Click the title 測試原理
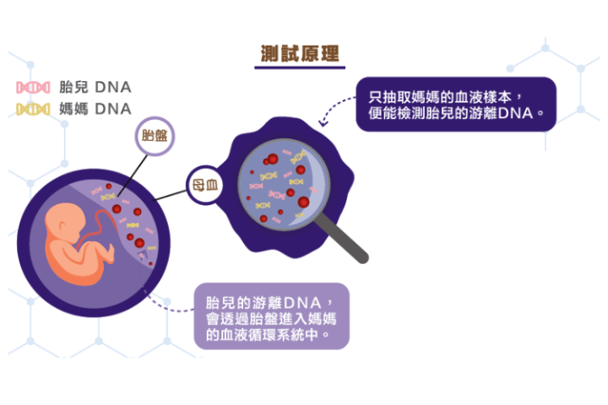pos(300,53)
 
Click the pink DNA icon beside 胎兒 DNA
pos(33,87)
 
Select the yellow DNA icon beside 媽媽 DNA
pos(33,110)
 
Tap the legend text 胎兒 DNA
pos(95,87)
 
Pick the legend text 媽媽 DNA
pos(95,109)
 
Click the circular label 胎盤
pos(155,136)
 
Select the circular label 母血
pos(205,186)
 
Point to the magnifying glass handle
pos(342,238)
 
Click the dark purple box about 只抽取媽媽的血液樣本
pos(456,105)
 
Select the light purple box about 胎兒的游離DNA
pos(271,316)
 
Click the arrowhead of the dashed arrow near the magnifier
pos(323,124)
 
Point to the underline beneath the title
pos(300,67)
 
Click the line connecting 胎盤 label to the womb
pos(133,175)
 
